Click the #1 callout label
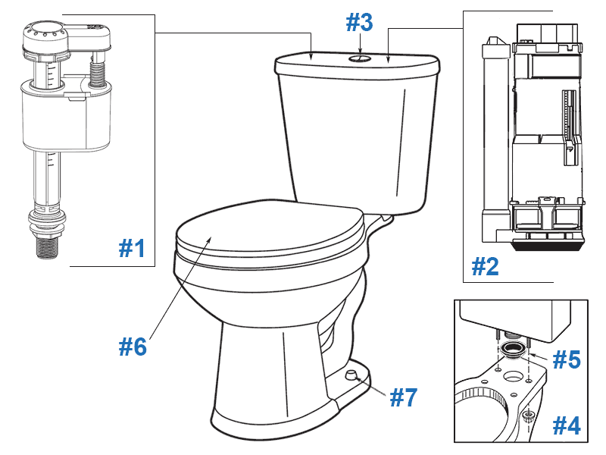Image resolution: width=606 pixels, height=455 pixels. click(x=132, y=248)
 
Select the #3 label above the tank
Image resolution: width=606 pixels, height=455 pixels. click(x=360, y=23)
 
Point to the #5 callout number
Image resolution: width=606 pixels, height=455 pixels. click(x=565, y=359)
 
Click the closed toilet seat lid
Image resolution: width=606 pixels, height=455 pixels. click(x=265, y=227)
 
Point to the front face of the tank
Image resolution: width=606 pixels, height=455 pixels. click(x=356, y=136)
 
